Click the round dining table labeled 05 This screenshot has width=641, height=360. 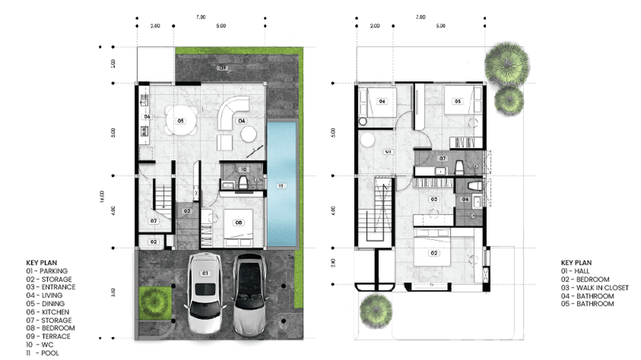(181, 121)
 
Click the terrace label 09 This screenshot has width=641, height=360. (222, 68)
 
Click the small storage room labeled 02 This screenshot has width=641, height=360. (153, 242)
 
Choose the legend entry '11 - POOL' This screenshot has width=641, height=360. (43, 353)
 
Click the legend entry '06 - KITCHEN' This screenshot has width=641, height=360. (48, 312)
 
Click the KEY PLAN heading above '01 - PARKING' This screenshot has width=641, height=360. (42, 263)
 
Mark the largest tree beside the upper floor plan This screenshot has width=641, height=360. (507, 64)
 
